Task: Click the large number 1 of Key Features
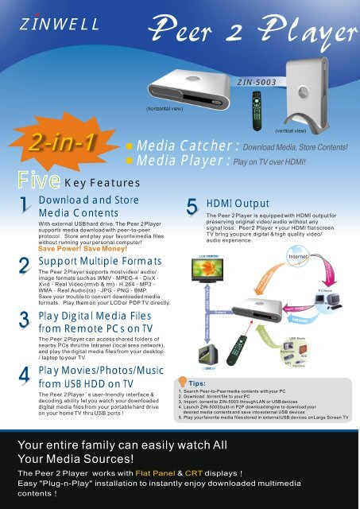(25, 207)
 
